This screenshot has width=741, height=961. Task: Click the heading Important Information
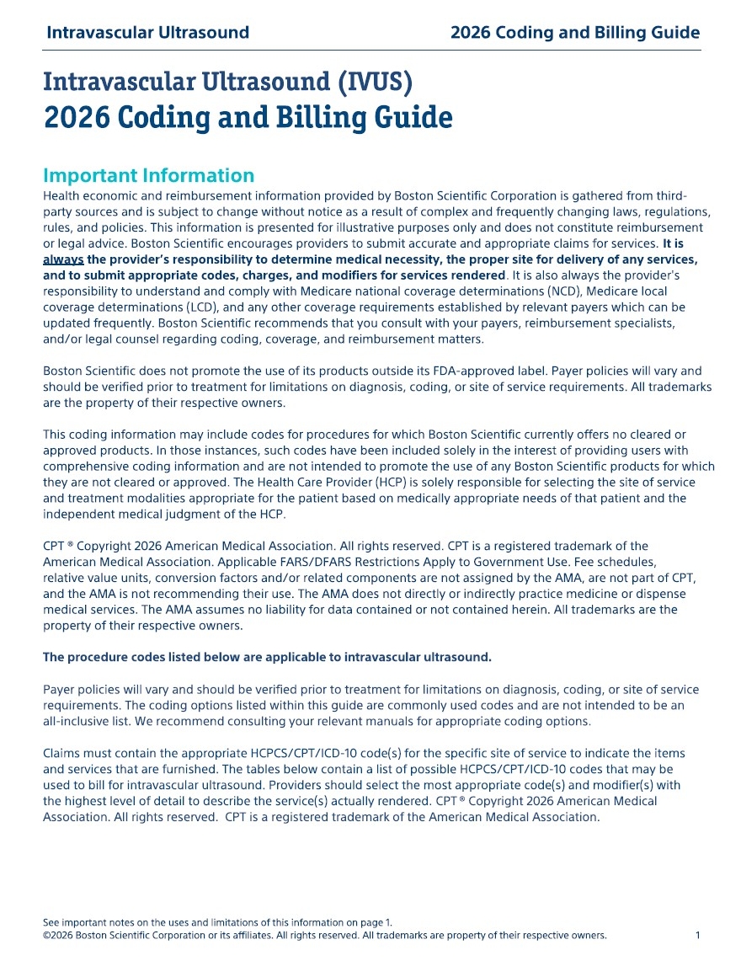pos(148,175)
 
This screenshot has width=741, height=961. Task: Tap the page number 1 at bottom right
pos(698,935)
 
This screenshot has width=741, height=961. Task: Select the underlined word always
pos(63,259)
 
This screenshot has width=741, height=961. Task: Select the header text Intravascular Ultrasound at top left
pos(148,33)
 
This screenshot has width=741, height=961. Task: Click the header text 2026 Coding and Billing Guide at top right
pos(575,33)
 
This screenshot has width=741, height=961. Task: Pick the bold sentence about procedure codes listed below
pos(267,657)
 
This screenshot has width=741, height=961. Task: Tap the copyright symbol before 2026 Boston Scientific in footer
pos(46,935)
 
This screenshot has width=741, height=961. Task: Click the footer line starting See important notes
pos(217,922)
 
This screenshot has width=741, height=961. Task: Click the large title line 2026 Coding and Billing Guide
pos(248,116)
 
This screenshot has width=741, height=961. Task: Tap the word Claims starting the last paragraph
pos(62,753)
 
